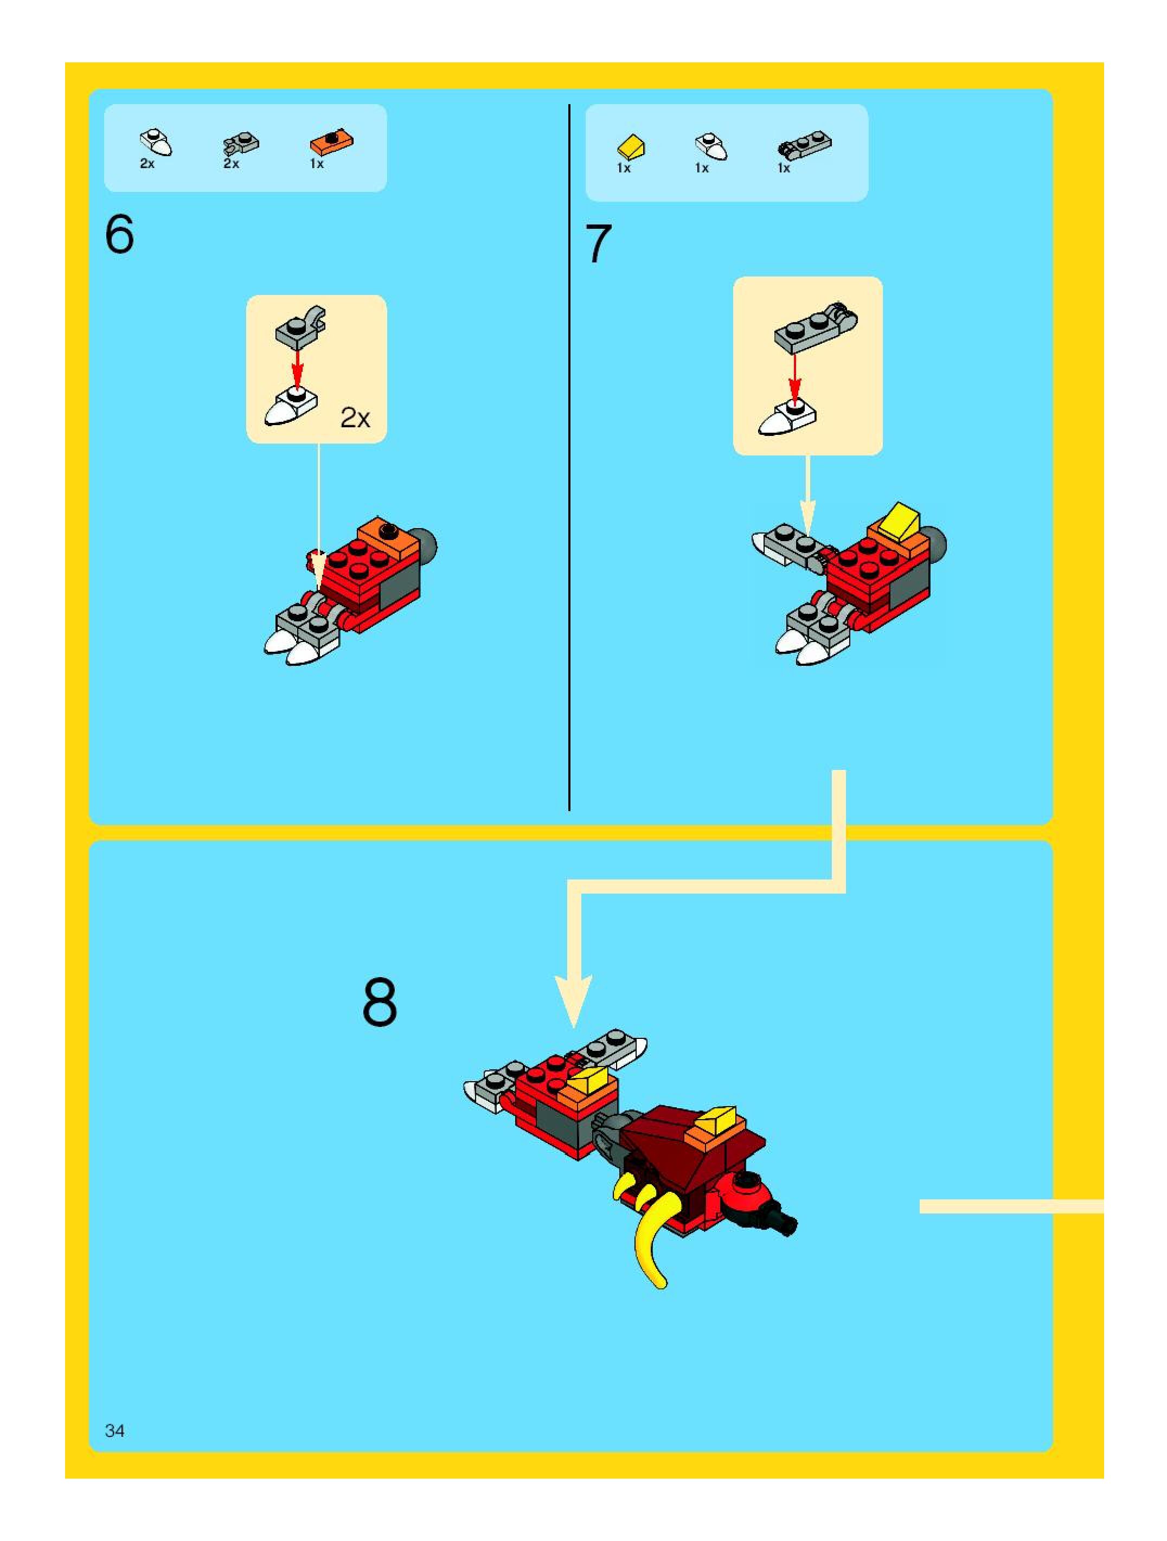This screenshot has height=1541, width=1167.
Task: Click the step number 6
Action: point(119,234)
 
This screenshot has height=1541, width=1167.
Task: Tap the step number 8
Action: point(380,1003)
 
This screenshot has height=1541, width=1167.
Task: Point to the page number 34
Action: point(114,1430)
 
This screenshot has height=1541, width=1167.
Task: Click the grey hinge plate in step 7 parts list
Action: point(804,145)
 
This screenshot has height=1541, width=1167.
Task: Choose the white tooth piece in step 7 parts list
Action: point(710,146)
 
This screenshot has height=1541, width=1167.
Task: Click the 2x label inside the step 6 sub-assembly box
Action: point(355,418)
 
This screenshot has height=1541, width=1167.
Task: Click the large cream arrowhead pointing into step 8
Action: point(573,1000)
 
